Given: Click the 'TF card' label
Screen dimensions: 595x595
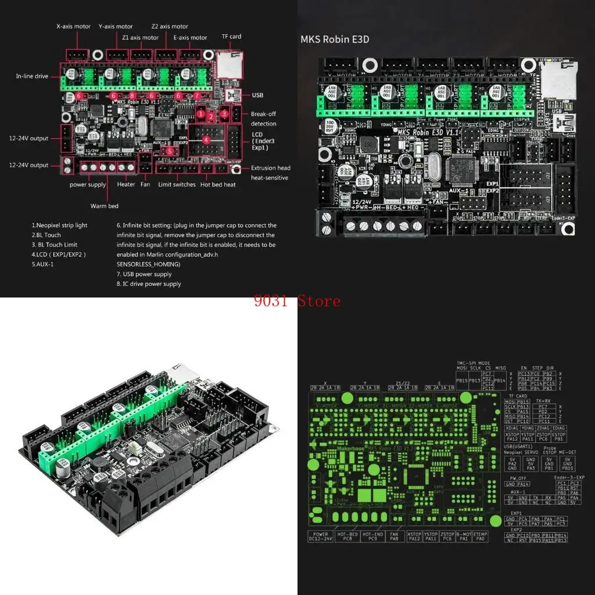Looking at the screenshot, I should (231, 36).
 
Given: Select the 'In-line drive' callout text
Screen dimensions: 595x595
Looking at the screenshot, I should (32, 76).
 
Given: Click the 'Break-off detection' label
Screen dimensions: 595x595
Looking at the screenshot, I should (263, 119).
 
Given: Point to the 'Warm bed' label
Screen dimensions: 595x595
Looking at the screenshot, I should (104, 206).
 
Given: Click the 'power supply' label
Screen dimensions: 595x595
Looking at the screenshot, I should (88, 185).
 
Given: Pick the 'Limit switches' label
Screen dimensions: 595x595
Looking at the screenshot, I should (177, 185).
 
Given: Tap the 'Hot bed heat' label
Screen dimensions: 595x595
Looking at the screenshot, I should (218, 185).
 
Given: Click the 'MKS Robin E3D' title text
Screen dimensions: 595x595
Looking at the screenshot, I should (335, 40).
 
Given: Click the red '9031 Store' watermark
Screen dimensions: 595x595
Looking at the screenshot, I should (297, 301).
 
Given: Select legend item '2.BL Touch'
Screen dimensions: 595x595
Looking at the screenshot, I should (46, 235).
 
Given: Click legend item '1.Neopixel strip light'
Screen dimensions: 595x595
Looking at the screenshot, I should (59, 225).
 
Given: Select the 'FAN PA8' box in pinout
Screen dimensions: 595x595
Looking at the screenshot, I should (394, 536).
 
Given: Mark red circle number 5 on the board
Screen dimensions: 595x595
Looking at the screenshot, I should (169, 151).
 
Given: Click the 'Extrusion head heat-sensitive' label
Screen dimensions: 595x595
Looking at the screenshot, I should (270, 173).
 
